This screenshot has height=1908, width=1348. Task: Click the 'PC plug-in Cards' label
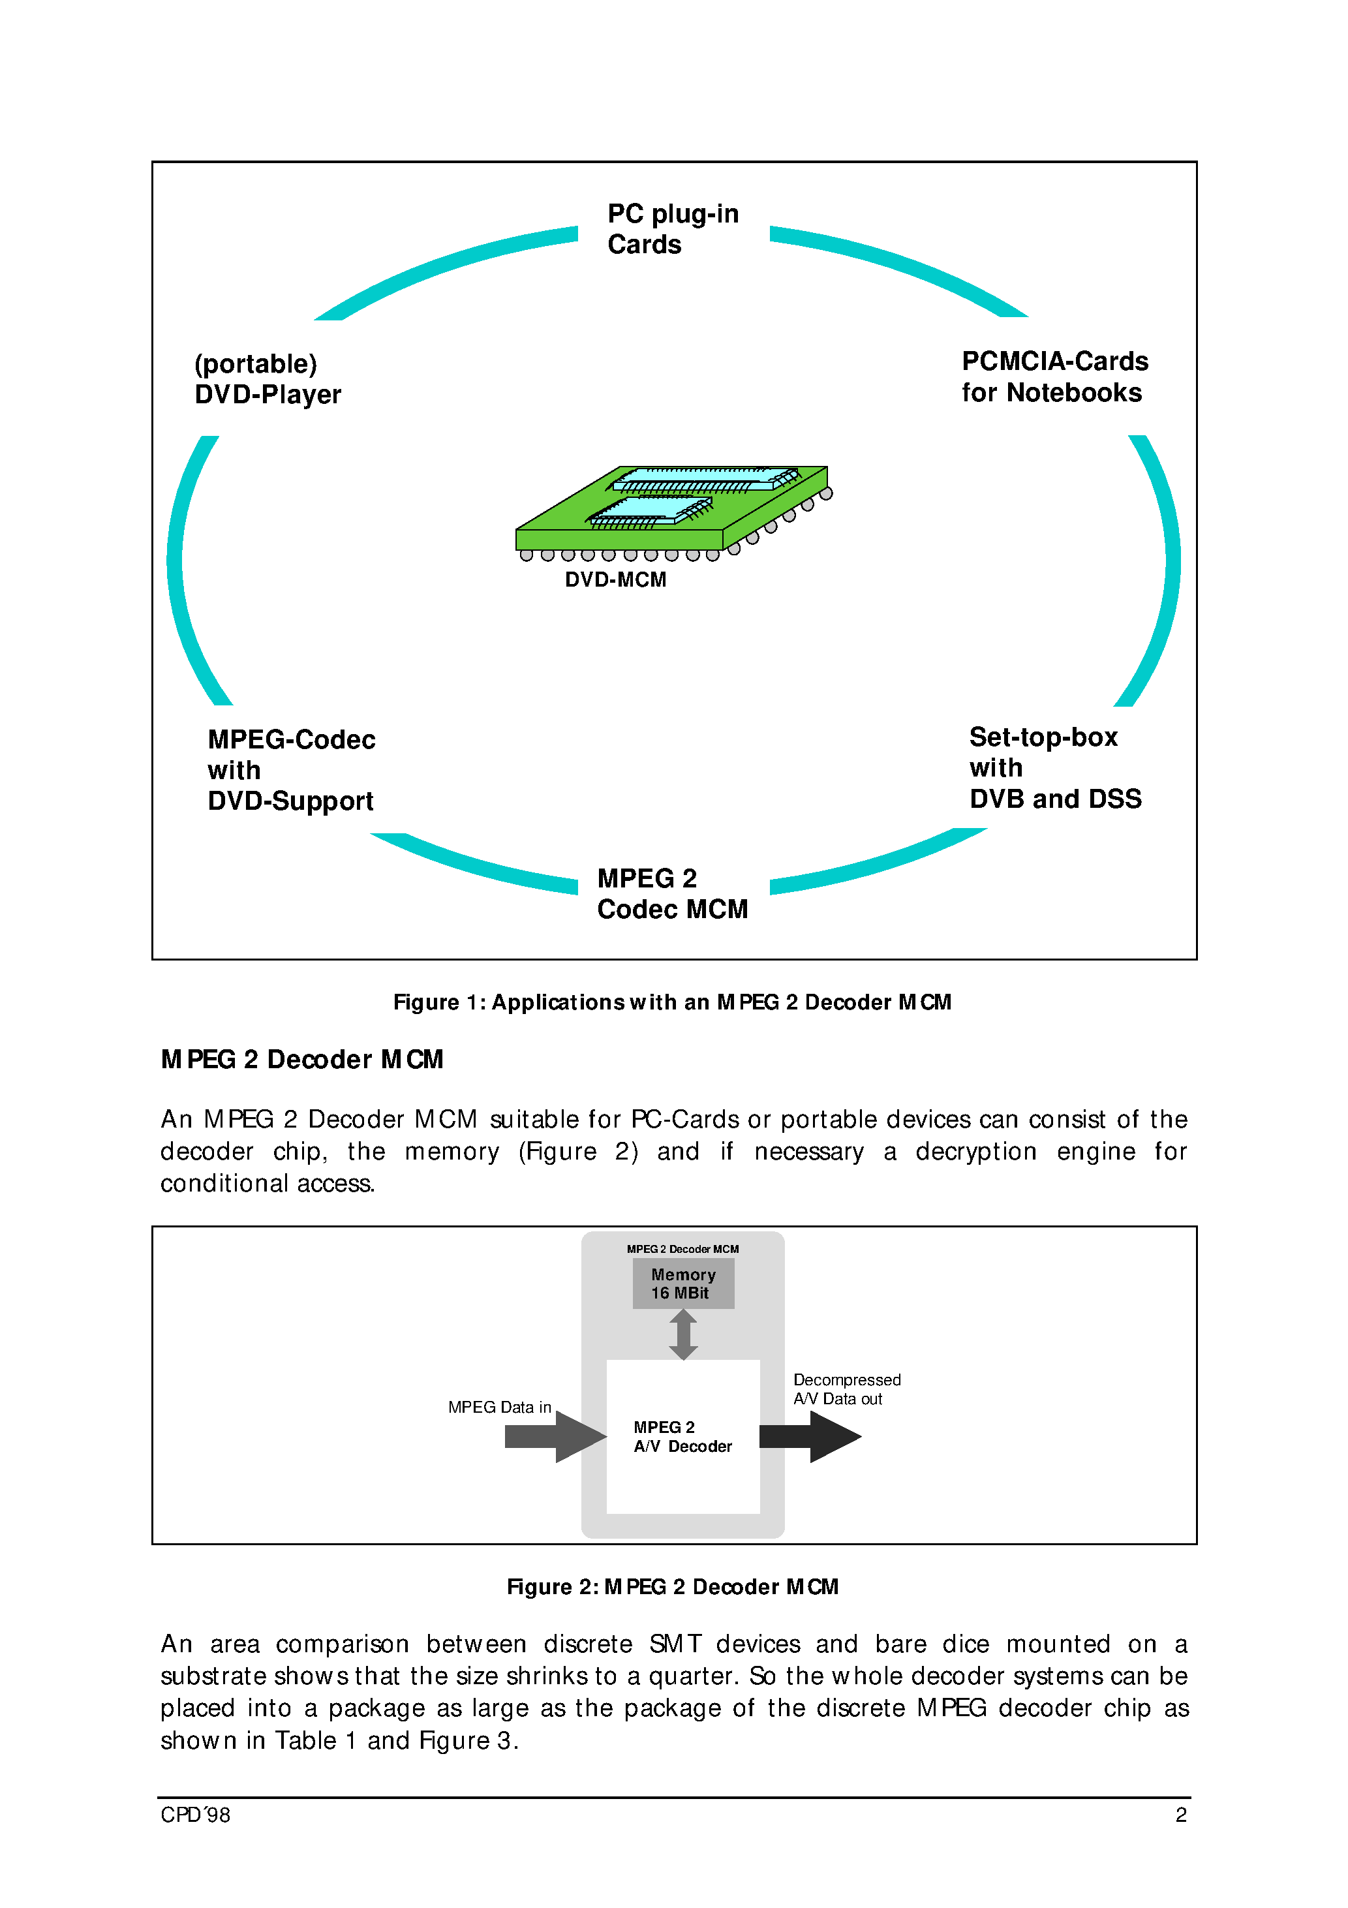[671, 228]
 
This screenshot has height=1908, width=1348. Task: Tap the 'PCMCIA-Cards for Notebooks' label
[1054, 377]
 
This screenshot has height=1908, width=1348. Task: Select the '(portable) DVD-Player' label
[267, 379]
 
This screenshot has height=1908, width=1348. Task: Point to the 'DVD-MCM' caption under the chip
[615, 579]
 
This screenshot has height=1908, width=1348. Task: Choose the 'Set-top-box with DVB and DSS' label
[1054, 768]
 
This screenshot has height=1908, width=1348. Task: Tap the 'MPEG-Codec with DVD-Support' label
[291, 771]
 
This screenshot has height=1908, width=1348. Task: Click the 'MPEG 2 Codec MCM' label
[671, 893]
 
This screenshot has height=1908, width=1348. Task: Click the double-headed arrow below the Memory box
[683, 1334]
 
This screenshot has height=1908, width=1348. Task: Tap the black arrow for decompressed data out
[810, 1436]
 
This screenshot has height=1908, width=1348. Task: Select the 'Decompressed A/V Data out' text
[846, 1389]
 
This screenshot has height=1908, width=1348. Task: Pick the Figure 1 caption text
[671, 1002]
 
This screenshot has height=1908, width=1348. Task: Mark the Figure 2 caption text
[671, 1586]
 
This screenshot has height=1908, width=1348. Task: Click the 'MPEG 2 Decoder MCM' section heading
[301, 1060]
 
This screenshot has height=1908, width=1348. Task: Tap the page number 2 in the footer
[1180, 1815]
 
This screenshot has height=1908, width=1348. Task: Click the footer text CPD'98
[195, 1815]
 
